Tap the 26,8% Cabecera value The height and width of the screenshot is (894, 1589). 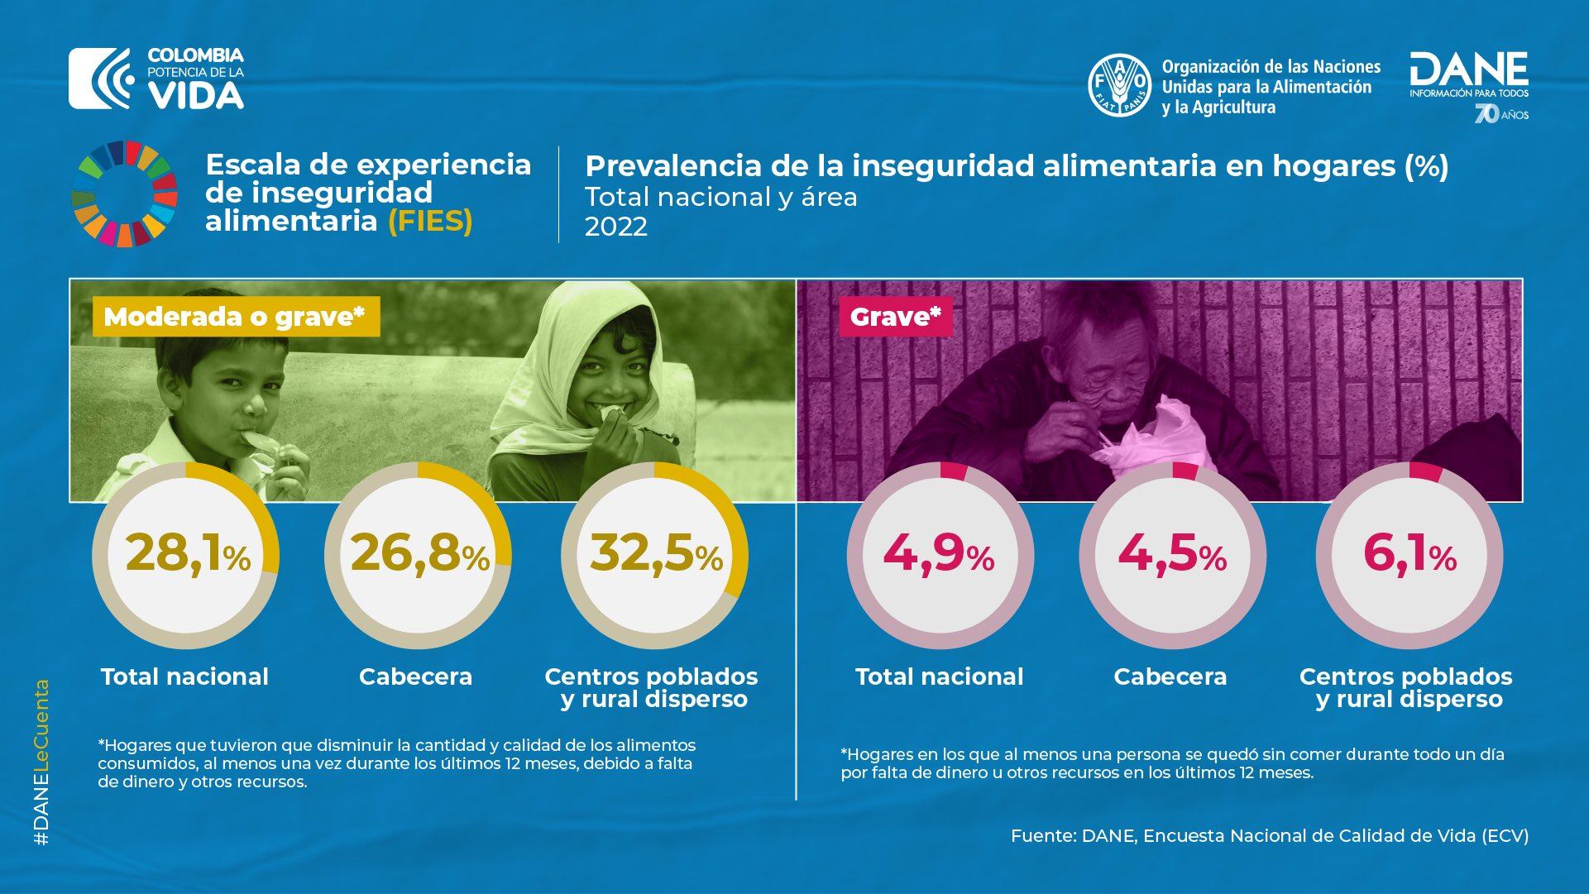[419, 553]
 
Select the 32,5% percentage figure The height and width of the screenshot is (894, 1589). [655, 553]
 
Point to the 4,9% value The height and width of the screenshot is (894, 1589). [938, 553]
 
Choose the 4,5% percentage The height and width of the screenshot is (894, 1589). [1171, 553]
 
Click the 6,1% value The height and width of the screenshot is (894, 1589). [1409, 553]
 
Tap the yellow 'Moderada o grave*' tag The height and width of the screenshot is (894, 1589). [235, 317]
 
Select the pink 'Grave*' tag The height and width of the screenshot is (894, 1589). [895, 317]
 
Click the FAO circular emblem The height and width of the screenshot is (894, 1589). [1119, 84]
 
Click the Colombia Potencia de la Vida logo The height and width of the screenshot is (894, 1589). [157, 79]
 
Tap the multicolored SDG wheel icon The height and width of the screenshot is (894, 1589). [124, 194]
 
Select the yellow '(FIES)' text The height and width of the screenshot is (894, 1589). [430, 222]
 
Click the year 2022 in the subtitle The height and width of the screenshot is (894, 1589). [616, 227]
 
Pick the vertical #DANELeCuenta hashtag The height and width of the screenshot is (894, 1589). [42, 761]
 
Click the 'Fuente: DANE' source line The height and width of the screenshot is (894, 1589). [1269, 835]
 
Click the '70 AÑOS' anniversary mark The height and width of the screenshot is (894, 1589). [1501, 114]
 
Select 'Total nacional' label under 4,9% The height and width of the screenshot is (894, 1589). [939, 676]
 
